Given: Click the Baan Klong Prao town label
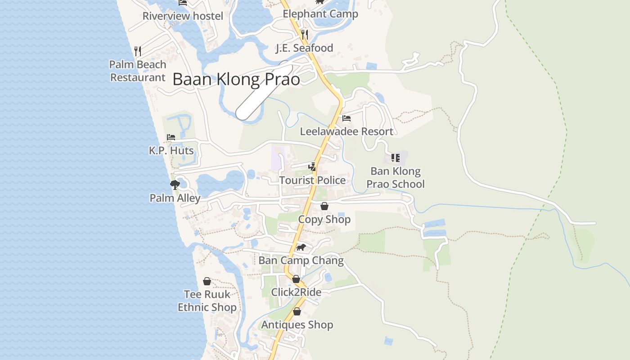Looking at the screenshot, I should [236, 80].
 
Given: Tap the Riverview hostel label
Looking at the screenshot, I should [183, 16].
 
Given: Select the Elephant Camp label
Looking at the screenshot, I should [320, 14].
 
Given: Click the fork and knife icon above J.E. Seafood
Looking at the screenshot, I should [305, 34].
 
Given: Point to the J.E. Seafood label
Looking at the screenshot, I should [305, 48].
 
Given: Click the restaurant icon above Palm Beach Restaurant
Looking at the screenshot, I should [138, 51].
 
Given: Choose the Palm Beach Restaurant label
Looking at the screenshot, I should [138, 71].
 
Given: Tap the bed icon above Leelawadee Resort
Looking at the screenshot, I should [346, 118].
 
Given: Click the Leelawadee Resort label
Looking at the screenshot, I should [346, 131].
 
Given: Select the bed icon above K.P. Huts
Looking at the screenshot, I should [171, 137].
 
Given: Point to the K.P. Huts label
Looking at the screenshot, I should [171, 150].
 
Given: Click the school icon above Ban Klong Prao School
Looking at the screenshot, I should [396, 157].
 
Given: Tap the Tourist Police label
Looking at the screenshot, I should [312, 180].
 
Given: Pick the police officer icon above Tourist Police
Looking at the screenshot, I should [312, 167].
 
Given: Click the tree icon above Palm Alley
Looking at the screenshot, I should [175, 184].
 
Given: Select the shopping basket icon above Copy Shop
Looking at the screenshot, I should [324, 206].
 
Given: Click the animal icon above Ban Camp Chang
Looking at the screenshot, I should [301, 247].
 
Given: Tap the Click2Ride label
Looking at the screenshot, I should [296, 292].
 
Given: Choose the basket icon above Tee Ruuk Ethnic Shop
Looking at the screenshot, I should [207, 281].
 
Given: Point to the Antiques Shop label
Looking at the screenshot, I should [297, 325].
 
